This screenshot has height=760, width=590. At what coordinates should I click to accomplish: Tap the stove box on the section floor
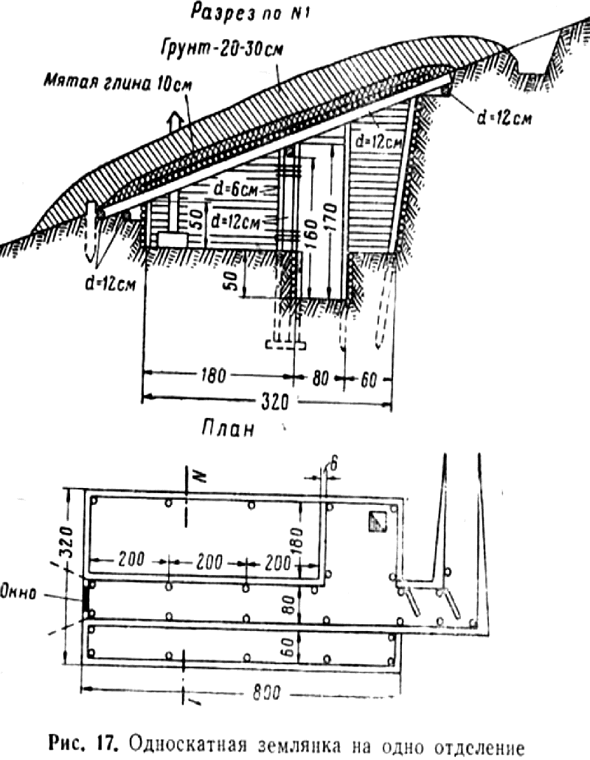pos(173,240)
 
